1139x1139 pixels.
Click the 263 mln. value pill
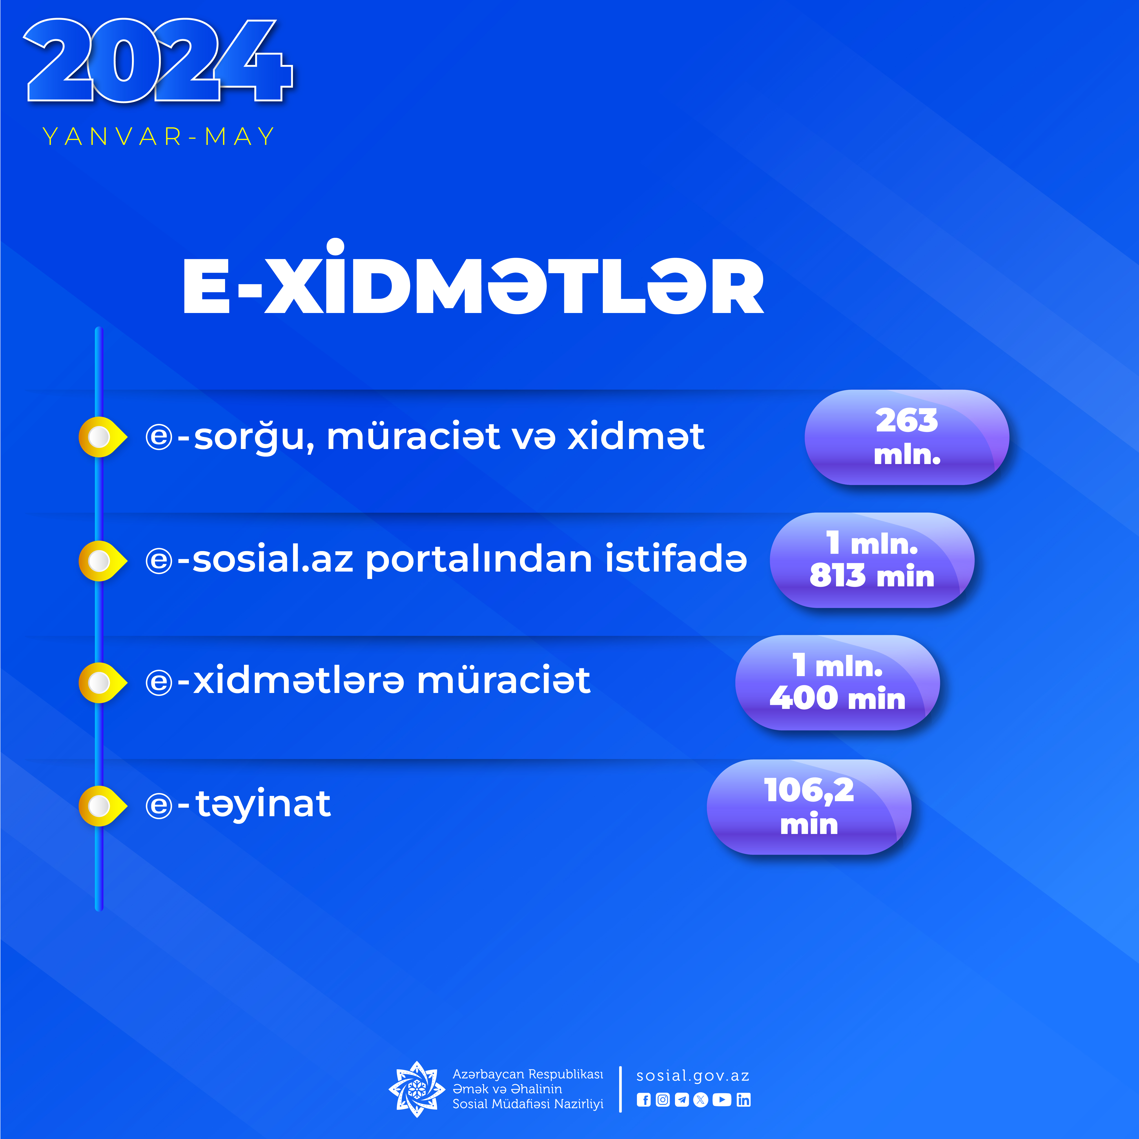[x=907, y=437]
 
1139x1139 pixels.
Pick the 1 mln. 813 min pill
[x=872, y=560]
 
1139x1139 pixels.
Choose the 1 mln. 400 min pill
[x=837, y=683]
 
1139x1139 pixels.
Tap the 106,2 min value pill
[x=809, y=807]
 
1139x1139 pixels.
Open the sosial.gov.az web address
[x=693, y=1076]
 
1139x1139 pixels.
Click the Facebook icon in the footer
[x=644, y=1100]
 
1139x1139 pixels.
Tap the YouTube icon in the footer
[x=722, y=1100]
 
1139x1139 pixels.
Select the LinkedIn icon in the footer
[x=743, y=1100]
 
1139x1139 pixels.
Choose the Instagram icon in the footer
[x=663, y=1100]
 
